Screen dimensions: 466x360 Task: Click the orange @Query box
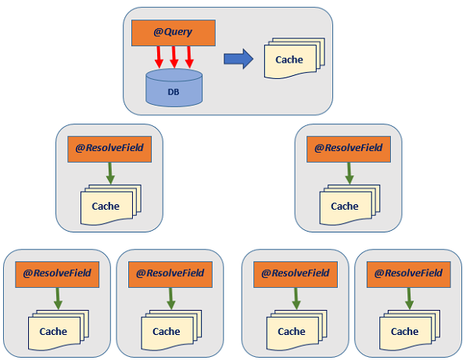click(x=174, y=33)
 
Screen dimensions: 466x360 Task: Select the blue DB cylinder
click(x=174, y=88)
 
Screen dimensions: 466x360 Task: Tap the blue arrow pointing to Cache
click(x=238, y=59)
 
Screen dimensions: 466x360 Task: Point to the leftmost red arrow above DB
click(x=159, y=57)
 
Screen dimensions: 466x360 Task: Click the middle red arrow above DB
click(x=174, y=57)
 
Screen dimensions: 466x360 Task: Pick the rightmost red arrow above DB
click(x=189, y=57)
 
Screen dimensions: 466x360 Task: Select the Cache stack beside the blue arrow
click(x=294, y=59)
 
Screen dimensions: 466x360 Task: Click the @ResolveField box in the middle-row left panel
click(x=109, y=149)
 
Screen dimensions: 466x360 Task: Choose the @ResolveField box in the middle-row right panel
click(x=349, y=149)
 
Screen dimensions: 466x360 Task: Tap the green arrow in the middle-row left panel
click(x=110, y=174)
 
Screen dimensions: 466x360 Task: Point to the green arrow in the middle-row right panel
click(x=349, y=174)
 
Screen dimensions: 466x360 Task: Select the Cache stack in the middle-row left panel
click(x=111, y=205)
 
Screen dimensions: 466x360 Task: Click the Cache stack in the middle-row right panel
click(x=349, y=205)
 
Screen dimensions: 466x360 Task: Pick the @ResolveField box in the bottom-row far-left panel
click(x=57, y=275)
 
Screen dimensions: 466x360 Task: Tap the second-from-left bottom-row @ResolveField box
click(x=170, y=275)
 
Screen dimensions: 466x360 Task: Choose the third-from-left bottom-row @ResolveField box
click(x=296, y=275)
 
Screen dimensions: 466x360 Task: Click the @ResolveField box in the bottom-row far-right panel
click(x=409, y=275)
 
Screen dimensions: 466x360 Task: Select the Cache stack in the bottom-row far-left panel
click(x=59, y=330)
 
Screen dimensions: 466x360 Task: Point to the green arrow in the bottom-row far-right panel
click(x=409, y=299)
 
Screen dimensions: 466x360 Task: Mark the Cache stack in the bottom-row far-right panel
click(x=410, y=330)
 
